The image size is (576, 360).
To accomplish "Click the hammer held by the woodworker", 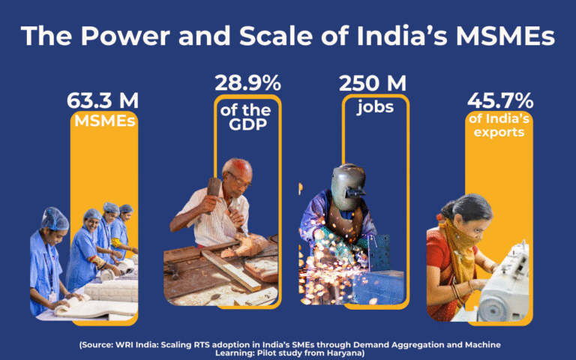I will tap(214, 187).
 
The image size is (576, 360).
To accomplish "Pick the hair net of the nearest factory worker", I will tap(54, 219).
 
